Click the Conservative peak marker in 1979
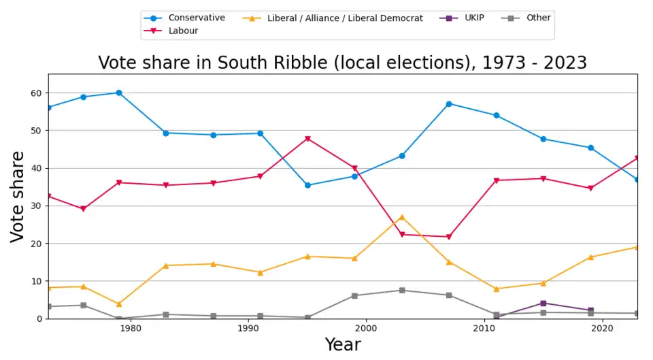point(119,93)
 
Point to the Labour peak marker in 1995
point(307,139)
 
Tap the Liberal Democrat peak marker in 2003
point(402,217)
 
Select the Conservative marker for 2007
point(449,103)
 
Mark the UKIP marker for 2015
point(543,303)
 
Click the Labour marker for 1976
point(84,209)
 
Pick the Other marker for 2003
point(402,290)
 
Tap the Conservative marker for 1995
point(307,185)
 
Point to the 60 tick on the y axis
point(36,93)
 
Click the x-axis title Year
point(342,345)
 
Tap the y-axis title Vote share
point(18,197)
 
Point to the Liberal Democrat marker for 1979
point(119,304)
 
